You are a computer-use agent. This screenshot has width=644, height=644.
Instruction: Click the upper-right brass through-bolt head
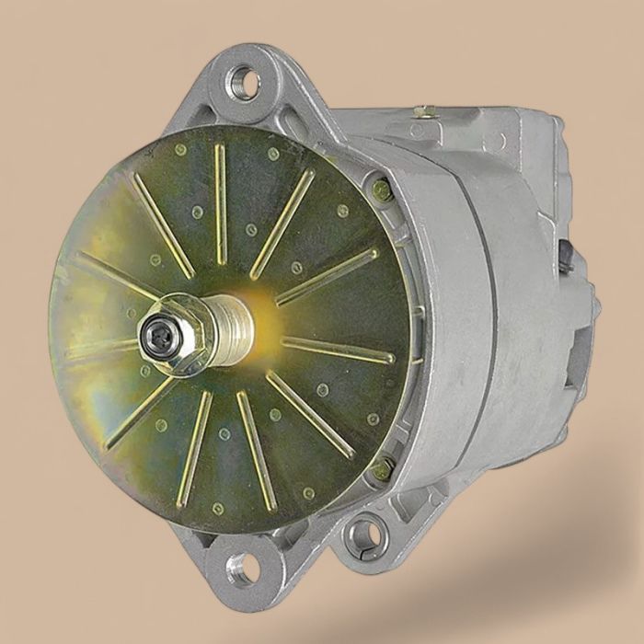point(382,190)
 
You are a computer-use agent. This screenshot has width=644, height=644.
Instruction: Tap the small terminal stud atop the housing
point(424,112)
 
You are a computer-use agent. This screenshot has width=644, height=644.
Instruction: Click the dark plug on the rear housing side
point(564,255)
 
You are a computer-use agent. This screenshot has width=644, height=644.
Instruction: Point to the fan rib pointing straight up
point(221,189)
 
